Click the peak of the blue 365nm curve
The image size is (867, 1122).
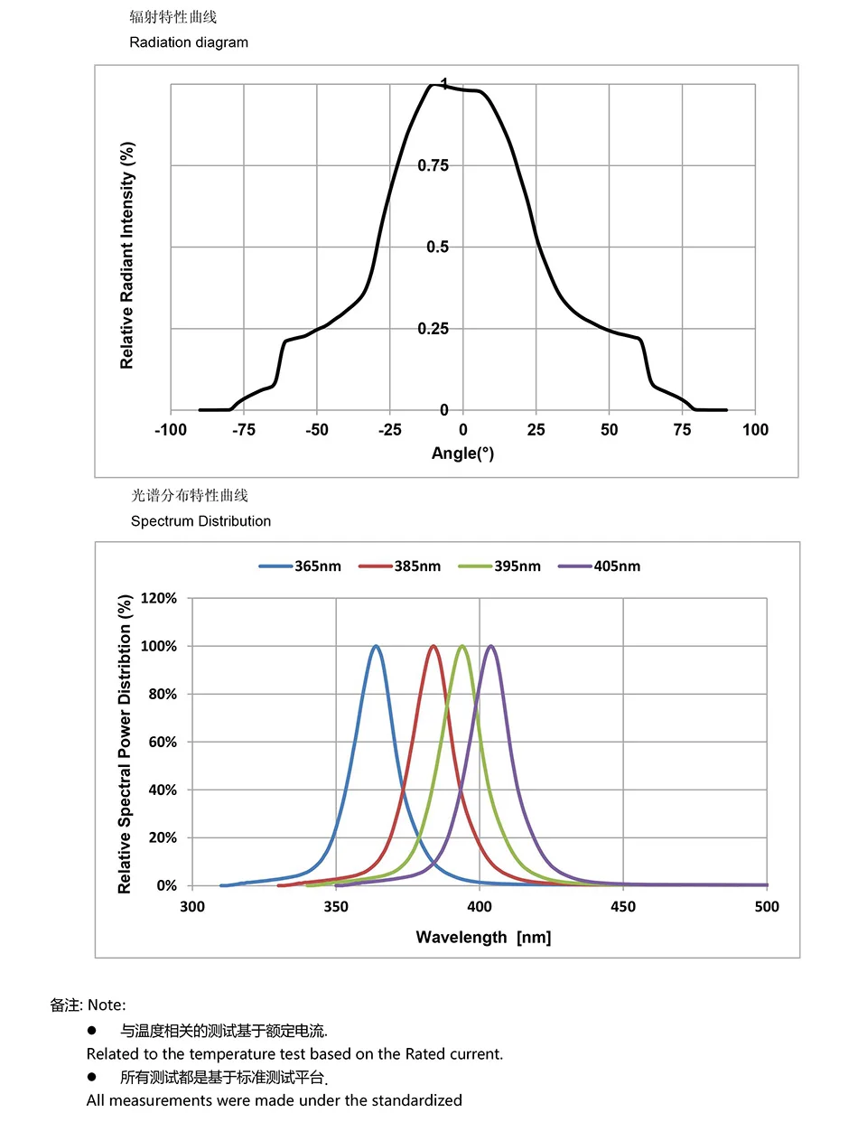[x=376, y=646]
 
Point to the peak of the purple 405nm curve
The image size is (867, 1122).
[x=490, y=646]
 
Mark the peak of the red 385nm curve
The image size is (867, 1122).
[x=433, y=646]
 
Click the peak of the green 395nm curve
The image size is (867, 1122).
[x=462, y=646]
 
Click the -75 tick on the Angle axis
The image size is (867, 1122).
[x=244, y=430]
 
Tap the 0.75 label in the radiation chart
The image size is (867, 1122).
[x=433, y=165]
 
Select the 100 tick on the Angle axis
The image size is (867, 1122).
[x=755, y=430]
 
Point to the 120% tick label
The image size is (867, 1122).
[x=159, y=598]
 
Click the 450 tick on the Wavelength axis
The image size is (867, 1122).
[x=623, y=907]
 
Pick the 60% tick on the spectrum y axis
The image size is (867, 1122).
[x=163, y=742]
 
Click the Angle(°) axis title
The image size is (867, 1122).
[x=462, y=453]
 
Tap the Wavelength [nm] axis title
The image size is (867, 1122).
[x=483, y=938]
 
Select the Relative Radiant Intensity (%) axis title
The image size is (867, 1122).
[x=127, y=255]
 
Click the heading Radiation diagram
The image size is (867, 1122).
[x=189, y=42]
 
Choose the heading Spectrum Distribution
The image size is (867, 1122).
[x=200, y=521]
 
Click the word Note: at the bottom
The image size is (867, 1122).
[x=107, y=1005]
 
